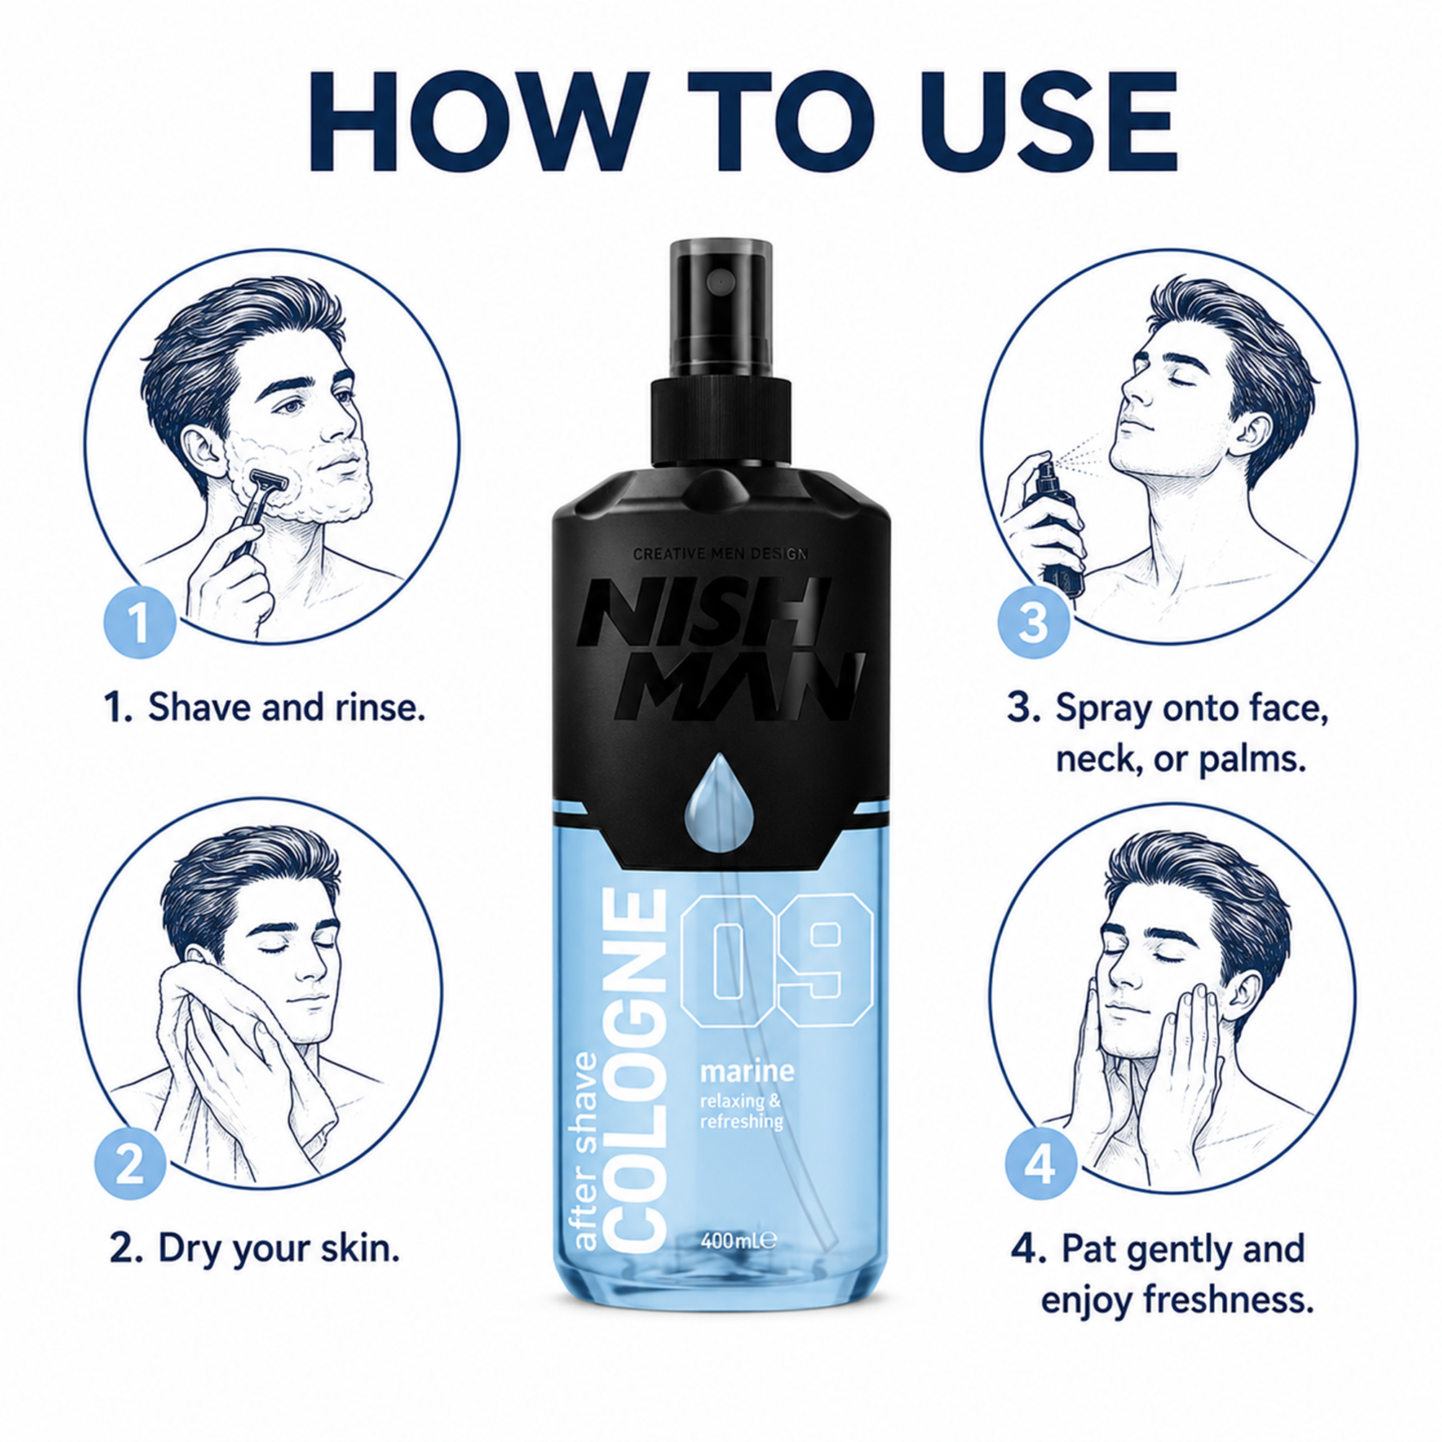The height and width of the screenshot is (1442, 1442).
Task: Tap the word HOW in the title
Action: [479, 121]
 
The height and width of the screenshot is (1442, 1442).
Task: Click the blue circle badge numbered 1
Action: [140, 623]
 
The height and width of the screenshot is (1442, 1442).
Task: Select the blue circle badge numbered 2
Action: [130, 1164]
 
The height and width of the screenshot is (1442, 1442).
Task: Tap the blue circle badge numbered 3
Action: [1033, 622]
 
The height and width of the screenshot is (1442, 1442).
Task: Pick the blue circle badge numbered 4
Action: [1040, 1164]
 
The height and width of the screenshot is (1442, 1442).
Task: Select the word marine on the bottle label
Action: [746, 1072]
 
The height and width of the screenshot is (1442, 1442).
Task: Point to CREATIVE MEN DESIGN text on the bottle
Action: [720, 554]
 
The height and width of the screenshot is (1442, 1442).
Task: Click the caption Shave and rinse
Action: [265, 707]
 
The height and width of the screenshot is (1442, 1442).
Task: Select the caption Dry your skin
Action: [255, 1248]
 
